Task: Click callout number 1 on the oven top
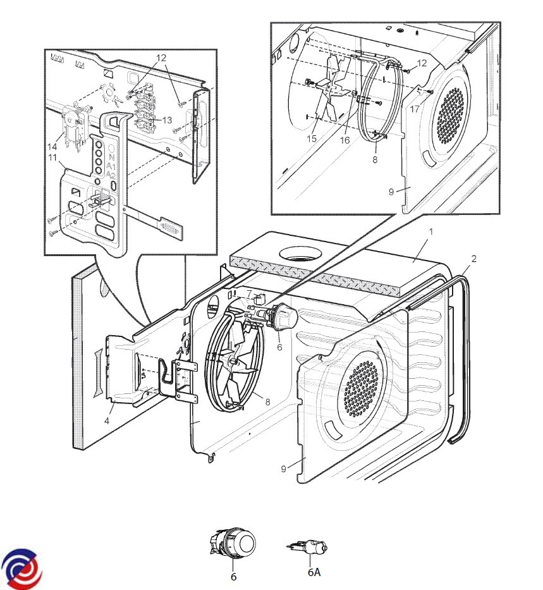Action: (430, 233)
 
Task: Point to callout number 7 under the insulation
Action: (249, 295)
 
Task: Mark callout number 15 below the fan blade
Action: (312, 138)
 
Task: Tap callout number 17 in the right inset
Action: (415, 109)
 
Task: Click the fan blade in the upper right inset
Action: (334, 89)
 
